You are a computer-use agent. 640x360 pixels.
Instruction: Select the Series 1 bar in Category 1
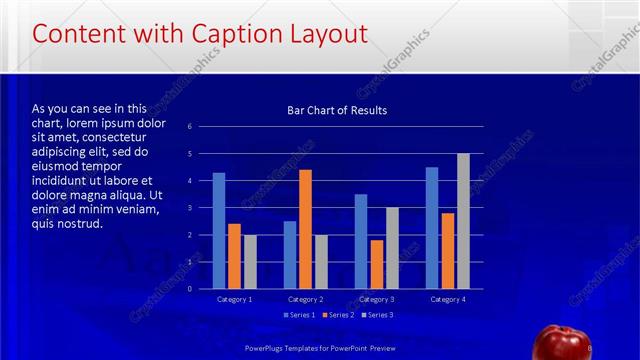tap(219, 230)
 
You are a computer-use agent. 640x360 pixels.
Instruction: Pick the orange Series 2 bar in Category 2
tap(305, 228)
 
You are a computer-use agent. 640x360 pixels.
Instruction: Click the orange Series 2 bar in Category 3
tap(376, 263)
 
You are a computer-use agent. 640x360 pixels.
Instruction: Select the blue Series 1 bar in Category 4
tap(431, 227)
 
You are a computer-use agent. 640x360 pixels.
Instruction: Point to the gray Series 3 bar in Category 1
tap(250, 261)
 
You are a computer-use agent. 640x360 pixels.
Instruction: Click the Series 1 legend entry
tap(299, 315)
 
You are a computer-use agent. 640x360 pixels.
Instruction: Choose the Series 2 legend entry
tap(337, 315)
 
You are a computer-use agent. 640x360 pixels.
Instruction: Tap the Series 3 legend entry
tap(375, 315)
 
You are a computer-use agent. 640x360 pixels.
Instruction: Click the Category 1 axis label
tap(235, 299)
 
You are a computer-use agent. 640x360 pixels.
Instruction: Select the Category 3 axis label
tap(376, 299)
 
